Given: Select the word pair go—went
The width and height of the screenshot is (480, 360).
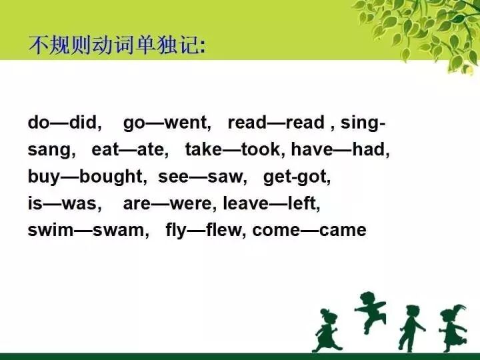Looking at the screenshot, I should [x=167, y=123].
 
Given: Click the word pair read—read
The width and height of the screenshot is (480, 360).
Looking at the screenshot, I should [x=275, y=123].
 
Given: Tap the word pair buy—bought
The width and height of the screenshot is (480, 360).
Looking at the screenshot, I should [x=86, y=177].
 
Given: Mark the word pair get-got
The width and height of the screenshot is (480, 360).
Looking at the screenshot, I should [x=297, y=177].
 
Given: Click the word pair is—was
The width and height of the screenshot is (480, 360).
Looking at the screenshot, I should [x=64, y=204].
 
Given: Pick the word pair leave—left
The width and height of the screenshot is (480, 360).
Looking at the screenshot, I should [x=271, y=204].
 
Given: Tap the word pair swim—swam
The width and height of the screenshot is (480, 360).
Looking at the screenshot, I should [x=88, y=231].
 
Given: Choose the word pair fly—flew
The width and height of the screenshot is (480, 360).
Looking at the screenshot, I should [x=205, y=231].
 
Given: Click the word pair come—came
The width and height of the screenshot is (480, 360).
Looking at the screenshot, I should [x=309, y=231].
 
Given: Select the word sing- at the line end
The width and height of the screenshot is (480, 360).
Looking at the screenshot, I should [x=363, y=123].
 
